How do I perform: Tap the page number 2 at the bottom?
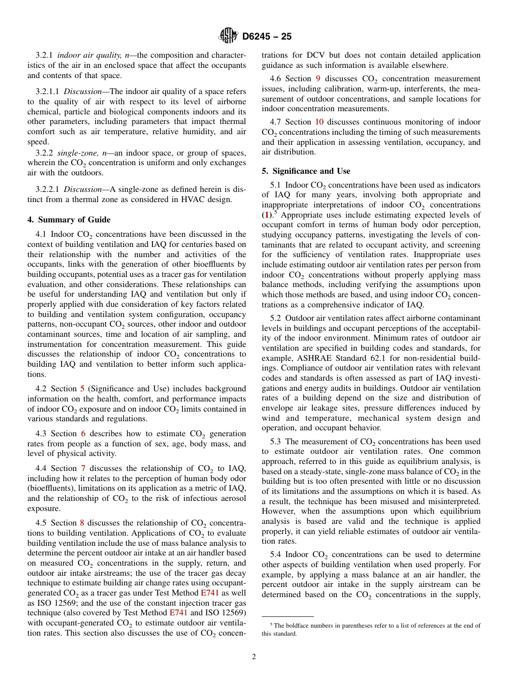(x=254, y=657)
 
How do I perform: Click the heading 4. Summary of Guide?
(x=69, y=220)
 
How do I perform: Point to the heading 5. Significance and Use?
(x=306, y=171)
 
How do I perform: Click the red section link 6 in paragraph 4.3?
(x=83, y=434)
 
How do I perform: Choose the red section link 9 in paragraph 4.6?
(x=318, y=79)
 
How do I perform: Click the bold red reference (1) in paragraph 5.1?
(x=266, y=215)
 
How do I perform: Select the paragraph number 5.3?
(x=276, y=442)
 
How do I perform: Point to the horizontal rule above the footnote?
(x=287, y=616)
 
